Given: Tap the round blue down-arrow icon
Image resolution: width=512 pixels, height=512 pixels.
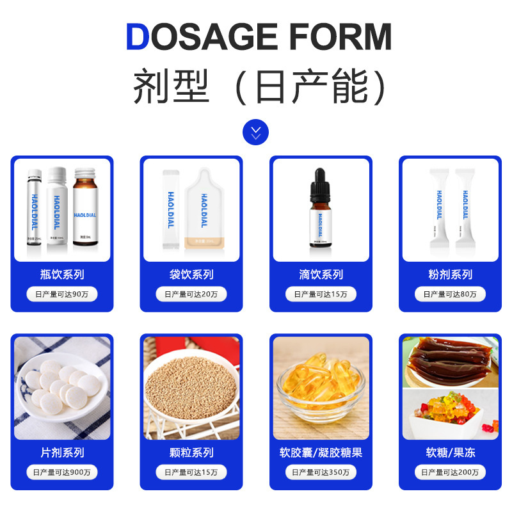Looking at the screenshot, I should (x=256, y=132).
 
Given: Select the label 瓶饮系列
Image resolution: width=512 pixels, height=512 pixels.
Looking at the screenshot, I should (x=62, y=275).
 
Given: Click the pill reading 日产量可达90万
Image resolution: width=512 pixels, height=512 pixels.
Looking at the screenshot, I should (x=62, y=294).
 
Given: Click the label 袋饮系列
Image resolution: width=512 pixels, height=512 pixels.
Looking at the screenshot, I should (x=191, y=275).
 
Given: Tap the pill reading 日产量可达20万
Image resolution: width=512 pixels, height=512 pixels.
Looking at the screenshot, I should (x=191, y=294).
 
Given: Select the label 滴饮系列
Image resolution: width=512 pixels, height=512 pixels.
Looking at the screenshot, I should (x=321, y=275).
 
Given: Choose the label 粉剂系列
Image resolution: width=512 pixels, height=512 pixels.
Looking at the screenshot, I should (x=450, y=275).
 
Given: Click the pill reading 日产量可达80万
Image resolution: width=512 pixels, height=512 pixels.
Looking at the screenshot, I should (x=450, y=294).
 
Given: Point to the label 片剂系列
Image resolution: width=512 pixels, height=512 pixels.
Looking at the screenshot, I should (x=62, y=452).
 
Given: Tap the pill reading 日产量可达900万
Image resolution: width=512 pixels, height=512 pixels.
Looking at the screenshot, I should (x=62, y=472).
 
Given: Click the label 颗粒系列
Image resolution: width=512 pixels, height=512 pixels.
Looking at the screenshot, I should (x=191, y=452).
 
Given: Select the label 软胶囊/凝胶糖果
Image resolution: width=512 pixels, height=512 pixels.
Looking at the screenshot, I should (x=321, y=452).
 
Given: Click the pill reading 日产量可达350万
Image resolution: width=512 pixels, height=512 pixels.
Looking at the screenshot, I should (x=321, y=472).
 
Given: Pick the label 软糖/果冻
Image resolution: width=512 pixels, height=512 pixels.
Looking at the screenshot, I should (x=450, y=452).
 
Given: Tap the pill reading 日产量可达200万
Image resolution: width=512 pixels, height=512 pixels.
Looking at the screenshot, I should (x=450, y=472).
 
